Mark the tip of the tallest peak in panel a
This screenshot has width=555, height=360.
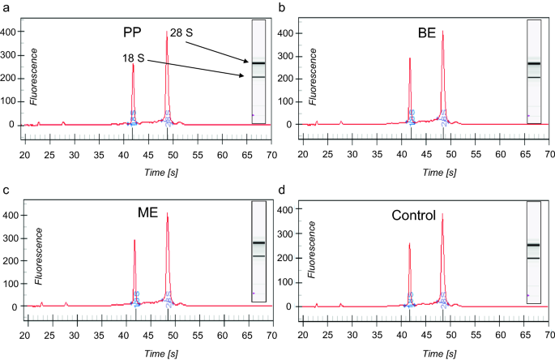pos(167,32)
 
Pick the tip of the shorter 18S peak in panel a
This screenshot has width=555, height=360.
pos(133,64)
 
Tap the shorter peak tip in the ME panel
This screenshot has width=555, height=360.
pos(134,240)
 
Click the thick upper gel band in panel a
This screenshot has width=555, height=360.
pos(258,62)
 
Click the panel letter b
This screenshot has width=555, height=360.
pos(281,6)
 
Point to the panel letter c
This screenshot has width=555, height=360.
pos(6,190)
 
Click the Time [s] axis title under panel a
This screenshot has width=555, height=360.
pos(147,173)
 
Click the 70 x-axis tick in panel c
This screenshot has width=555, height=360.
pos(273,335)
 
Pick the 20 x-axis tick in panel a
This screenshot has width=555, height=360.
pos(25,153)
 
